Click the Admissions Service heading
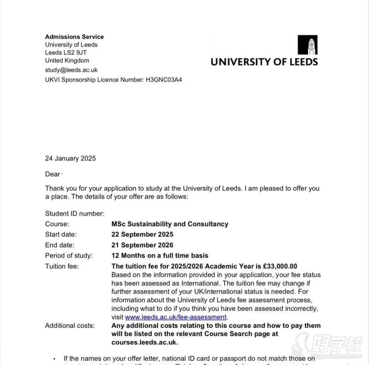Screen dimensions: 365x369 (74, 36)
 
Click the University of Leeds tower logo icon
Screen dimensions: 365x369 (307, 45)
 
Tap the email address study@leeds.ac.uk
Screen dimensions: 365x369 (71, 70)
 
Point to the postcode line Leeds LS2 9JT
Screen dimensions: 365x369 (66, 53)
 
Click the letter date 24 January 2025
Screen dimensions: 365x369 (71, 158)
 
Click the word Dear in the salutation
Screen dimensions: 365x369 (53, 174)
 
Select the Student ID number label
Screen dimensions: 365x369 (75, 213)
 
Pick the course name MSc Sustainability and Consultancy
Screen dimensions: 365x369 (170, 224)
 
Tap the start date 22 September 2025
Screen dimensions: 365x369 (143, 234)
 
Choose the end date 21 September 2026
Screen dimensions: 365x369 (143, 245)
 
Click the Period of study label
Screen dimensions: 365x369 (69, 255)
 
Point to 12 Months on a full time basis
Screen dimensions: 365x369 (160, 255)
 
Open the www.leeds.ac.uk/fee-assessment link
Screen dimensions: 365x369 (176, 317)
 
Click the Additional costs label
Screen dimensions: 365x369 (70, 325)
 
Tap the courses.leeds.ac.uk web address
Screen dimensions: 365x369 (144, 342)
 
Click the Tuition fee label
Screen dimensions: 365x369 (62, 266)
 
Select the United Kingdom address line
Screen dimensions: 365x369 (67, 60)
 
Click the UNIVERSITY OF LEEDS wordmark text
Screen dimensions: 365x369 (264, 61)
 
